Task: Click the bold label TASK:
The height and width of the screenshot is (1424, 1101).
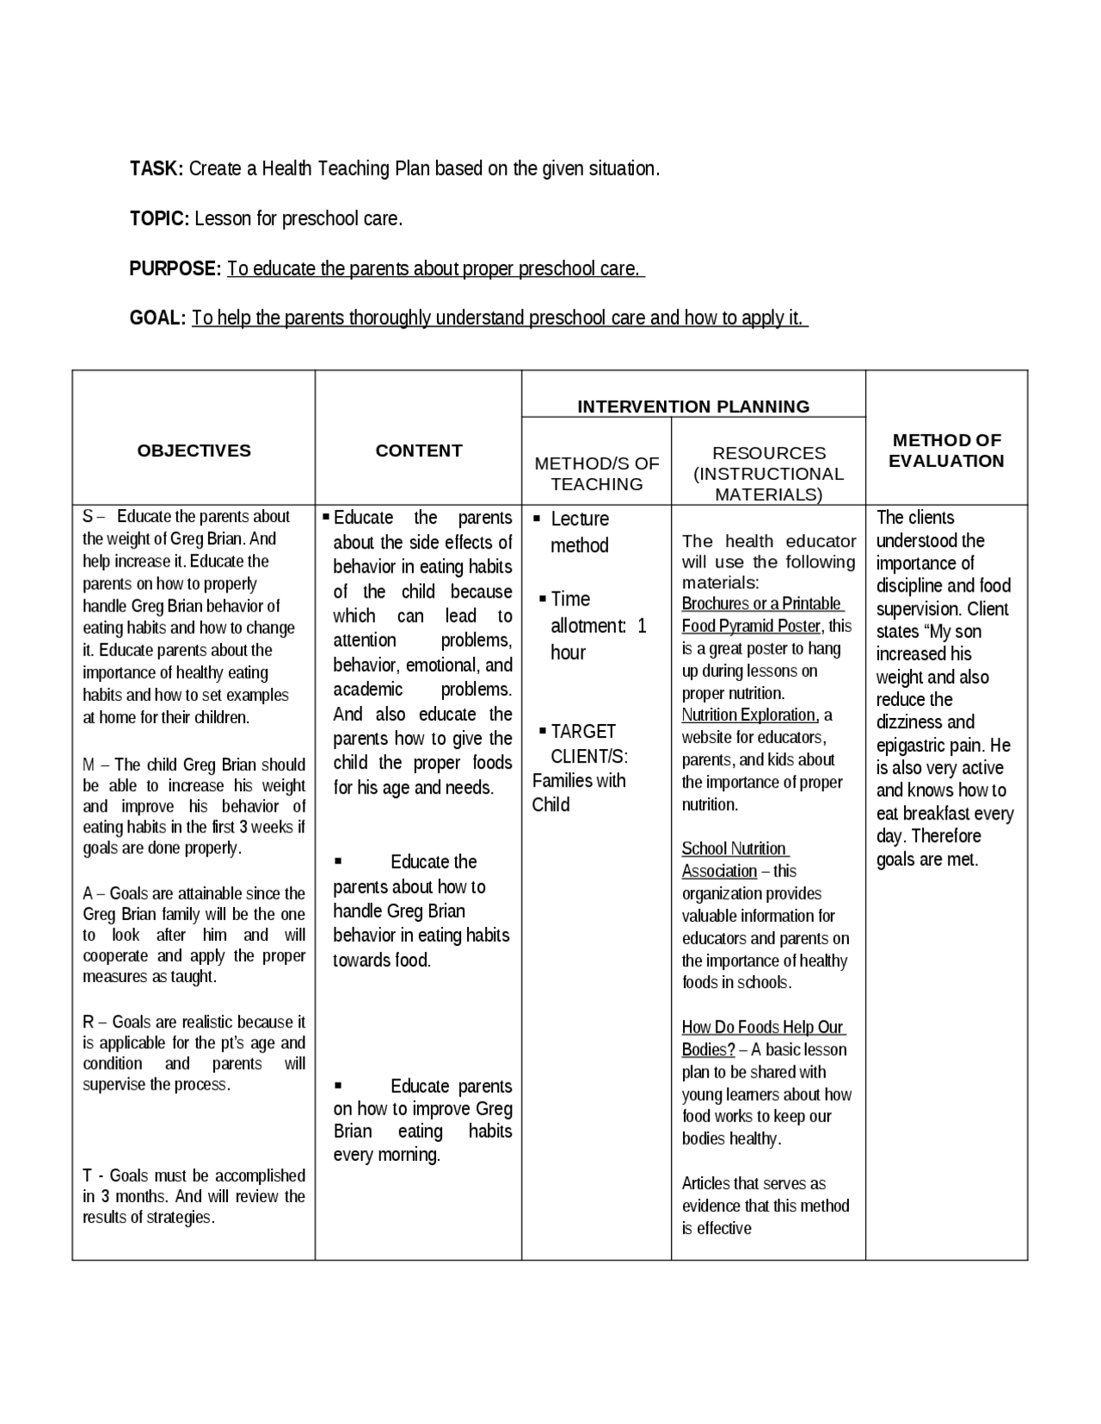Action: (x=156, y=169)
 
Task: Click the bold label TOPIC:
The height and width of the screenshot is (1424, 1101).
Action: (x=158, y=218)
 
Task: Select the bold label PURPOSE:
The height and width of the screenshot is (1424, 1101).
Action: (x=175, y=268)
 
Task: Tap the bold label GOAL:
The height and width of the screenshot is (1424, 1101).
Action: (x=157, y=318)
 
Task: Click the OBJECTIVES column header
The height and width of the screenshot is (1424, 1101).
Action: (x=194, y=451)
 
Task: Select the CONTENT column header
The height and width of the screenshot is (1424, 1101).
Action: (x=419, y=451)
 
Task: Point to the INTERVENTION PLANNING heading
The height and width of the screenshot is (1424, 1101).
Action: (x=693, y=407)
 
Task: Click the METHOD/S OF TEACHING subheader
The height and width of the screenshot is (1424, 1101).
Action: (x=596, y=474)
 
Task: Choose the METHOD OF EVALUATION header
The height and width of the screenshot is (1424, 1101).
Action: (x=946, y=451)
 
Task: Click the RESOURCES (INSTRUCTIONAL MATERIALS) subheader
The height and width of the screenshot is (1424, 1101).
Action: (x=768, y=474)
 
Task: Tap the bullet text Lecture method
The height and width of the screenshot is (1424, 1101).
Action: (x=579, y=532)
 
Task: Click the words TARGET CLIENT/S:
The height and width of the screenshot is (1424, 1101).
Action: (x=585, y=744)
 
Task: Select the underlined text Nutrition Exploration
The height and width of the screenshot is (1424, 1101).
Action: (x=748, y=715)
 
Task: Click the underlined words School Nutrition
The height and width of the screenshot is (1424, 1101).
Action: (x=734, y=849)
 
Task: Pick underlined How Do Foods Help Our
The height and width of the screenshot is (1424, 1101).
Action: (x=762, y=1028)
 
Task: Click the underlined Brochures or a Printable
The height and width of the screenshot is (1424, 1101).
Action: (x=761, y=604)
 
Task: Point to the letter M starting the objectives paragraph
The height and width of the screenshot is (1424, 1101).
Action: (x=89, y=764)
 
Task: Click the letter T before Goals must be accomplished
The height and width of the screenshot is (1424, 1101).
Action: (x=87, y=1175)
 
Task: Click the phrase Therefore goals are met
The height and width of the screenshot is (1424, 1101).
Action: (x=927, y=848)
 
